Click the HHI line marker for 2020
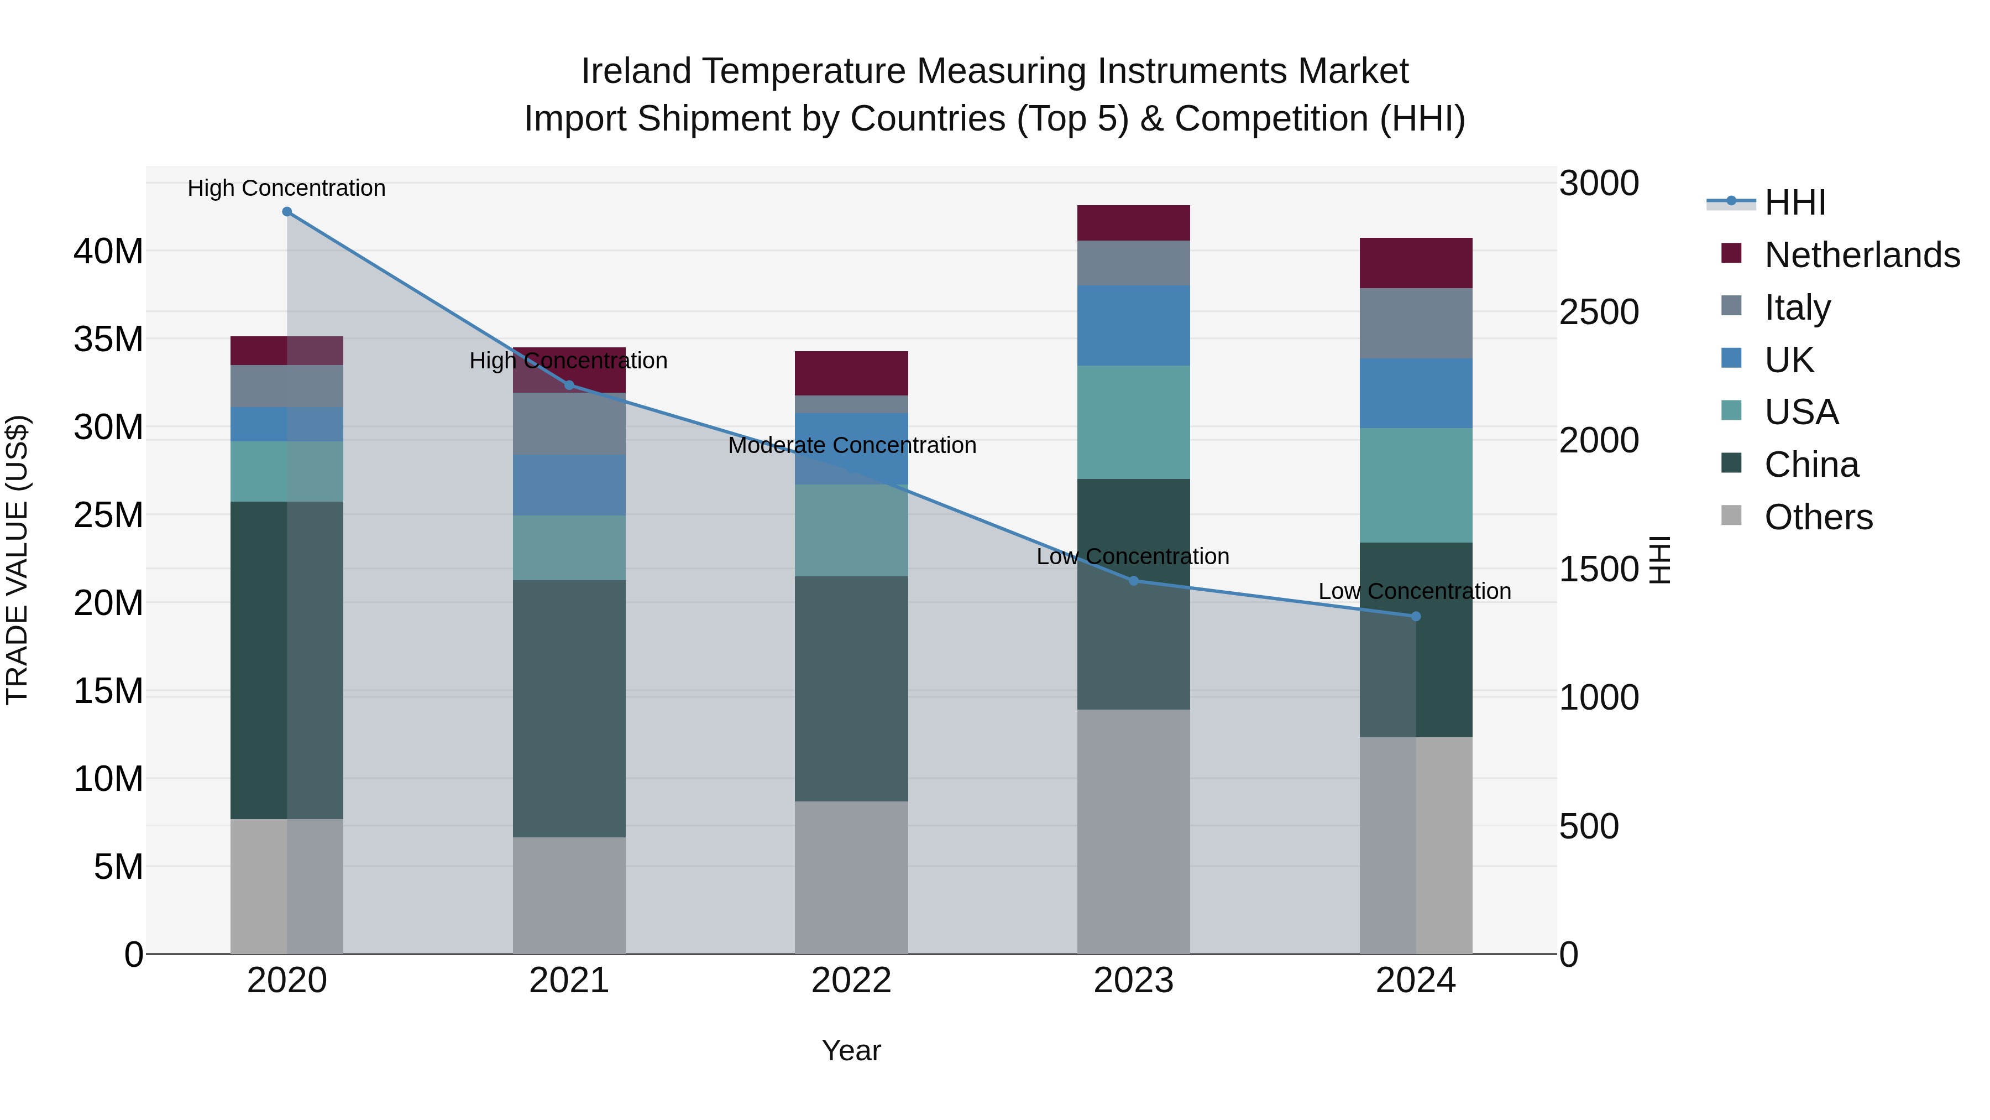click(286, 212)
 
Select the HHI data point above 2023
click(1133, 581)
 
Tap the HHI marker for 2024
click(1415, 616)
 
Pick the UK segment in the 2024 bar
click(1415, 393)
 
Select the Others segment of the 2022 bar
click(851, 877)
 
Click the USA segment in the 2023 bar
click(1133, 422)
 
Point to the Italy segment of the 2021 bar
click(569, 424)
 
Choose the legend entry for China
click(1811, 465)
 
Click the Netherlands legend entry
click(1861, 255)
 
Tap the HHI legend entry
click(1794, 202)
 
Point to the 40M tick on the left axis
click(108, 251)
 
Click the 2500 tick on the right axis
click(1598, 312)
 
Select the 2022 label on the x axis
click(851, 981)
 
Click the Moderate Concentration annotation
click(851, 446)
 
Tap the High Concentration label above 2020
click(286, 189)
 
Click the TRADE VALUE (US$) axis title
click(18, 560)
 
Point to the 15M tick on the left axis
click(108, 690)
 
